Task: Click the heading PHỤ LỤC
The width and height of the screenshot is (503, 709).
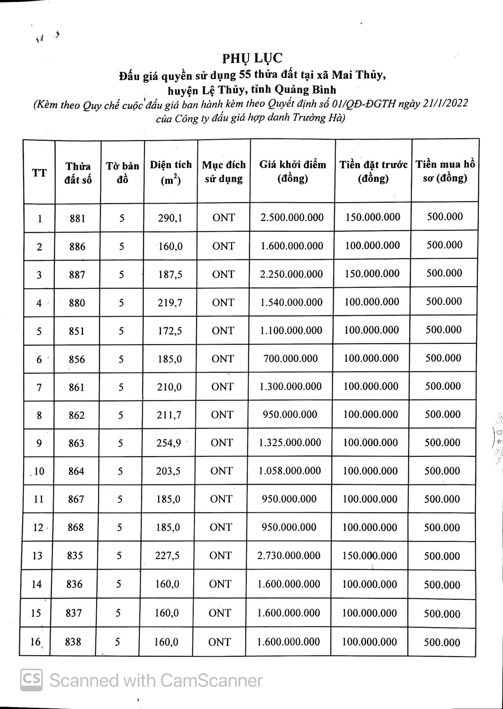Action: click(252, 58)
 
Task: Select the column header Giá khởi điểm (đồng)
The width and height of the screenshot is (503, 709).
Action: click(293, 171)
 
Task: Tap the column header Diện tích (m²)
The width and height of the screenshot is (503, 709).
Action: click(171, 172)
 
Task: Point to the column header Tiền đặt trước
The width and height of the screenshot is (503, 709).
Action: click(373, 171)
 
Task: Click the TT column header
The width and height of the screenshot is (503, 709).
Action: click(39, 172)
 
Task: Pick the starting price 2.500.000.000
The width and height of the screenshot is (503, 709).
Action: click(292, 217)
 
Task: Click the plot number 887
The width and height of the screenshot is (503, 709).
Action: click(77, 275)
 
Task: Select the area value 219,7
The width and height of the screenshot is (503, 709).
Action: click(170, 303)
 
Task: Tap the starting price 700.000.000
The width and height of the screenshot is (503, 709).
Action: click(291, 359)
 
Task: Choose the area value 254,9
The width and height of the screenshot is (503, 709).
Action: click(168, 443)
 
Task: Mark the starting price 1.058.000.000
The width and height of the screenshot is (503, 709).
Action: click(290, 471)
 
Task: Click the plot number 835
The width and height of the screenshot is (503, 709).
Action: click(75, 556)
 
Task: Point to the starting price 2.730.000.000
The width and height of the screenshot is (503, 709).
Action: click(289, 556)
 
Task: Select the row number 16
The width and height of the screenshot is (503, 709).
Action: click(35, 642)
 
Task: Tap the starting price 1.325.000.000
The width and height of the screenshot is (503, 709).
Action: click(290, 443)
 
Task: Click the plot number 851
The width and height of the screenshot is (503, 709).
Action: click(76, 331)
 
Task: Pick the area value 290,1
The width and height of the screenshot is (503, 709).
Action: click(170, 218)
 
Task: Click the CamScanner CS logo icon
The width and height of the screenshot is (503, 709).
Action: click(31, 680)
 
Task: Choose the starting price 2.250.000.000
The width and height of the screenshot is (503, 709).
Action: click(292, 274)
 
